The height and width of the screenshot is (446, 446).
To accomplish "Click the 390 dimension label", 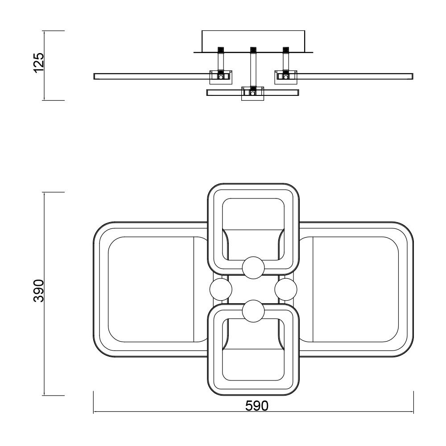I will (x=39, y=291).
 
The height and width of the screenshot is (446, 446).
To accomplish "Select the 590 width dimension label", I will (x=257, y=406).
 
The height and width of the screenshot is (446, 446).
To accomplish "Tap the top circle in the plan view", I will (x=253, y=268).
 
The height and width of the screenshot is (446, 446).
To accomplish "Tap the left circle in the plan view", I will (x=221, y=290).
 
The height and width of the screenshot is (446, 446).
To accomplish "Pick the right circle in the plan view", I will (x=286, y=290).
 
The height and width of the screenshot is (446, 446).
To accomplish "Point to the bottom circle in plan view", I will (x=253, y=311).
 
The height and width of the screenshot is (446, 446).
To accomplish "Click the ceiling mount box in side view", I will (x=253, y=41).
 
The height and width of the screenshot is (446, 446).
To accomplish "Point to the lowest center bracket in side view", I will (x=253, y=94).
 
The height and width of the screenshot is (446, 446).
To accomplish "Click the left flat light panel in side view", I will (x=152, y=76).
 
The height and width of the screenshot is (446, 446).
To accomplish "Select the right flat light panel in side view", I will (x=355, y=76).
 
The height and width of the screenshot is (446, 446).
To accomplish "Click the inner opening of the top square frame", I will (x=253, y=214).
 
